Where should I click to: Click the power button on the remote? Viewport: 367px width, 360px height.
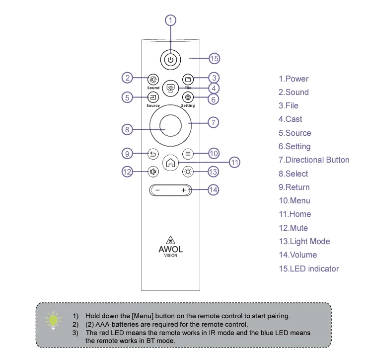click(170, 59)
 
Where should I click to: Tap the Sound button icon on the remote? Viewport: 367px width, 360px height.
click(153, 79)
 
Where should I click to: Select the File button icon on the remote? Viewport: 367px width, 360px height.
click(188, 79)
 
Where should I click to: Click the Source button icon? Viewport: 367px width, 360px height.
click(153, 97)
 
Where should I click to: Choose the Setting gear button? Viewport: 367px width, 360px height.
click(188, 97)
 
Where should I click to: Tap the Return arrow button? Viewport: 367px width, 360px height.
click(153, 154)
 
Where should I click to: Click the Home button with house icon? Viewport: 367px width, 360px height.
click(170, 162)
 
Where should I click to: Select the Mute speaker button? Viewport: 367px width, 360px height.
click(153, 172)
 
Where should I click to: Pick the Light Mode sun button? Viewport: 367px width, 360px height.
click(188, 172)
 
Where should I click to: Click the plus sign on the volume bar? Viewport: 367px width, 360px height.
click(183, 190)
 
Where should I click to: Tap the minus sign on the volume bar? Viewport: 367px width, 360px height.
click(157, 190)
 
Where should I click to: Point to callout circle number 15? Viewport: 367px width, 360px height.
click(214, 59)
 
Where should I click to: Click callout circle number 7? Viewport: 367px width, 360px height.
click(213, 122)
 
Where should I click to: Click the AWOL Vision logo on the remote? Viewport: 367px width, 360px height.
click(170, 246)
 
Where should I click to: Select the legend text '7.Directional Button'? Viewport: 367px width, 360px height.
click(313, 160)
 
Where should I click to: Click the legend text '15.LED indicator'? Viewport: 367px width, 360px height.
click(308, 269)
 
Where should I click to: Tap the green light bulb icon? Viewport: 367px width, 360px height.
click(52, 320)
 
